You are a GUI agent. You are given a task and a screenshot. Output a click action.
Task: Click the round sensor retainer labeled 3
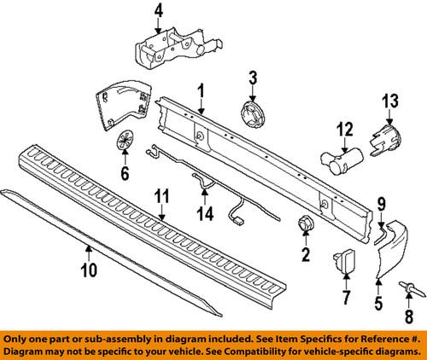[252, 114]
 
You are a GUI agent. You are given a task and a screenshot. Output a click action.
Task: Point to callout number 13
[389, 102]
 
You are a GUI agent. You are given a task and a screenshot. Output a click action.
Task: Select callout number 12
[344, 130]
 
